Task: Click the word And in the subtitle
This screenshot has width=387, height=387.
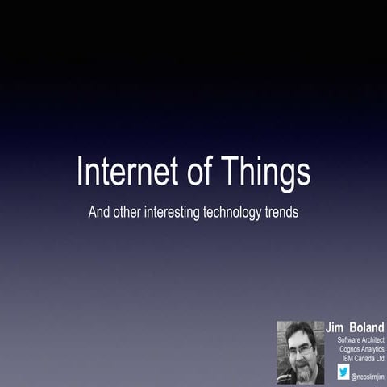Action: [100, 214]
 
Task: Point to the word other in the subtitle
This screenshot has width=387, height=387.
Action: [132, 214]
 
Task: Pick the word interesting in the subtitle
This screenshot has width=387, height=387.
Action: [182, 214]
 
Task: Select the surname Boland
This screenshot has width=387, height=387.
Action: [366, 328]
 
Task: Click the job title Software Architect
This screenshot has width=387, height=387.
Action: [360, 339]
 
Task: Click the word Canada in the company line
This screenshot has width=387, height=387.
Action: [365, 357]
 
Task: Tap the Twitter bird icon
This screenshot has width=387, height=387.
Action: [343, 372]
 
